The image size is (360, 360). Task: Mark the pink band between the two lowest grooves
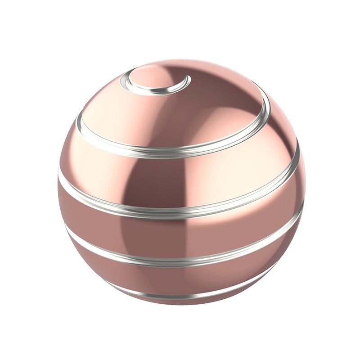tap(180, 279)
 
